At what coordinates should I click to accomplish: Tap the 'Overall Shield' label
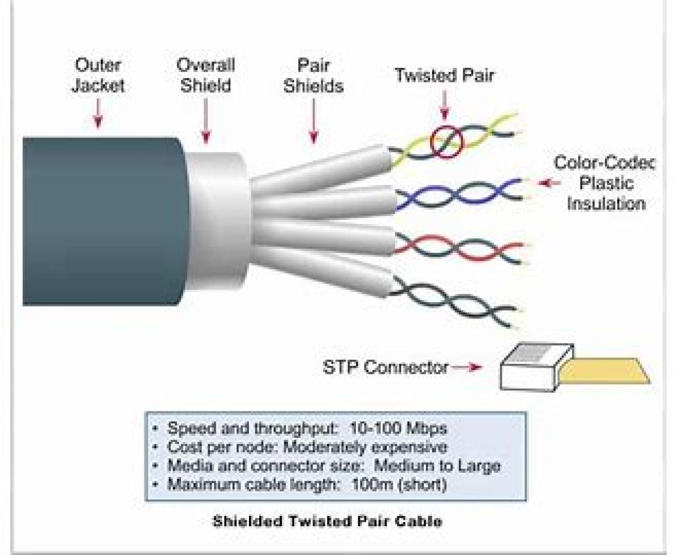pyautogui.click(x=205, y=75)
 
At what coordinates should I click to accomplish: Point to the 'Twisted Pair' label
pyautogui.click(x=444, y=75)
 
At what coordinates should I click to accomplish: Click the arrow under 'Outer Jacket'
pyautogui.click(x=98, y=117)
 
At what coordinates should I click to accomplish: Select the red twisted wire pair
pyautogui.click(x=458, y=247)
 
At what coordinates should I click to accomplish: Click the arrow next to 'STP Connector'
pyautogui.click(x=467, y=367)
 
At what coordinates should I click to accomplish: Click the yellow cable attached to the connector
pyautogui.click(x=605, y=371)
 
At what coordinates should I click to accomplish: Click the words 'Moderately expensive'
pyautogui.click(x=365, y=447)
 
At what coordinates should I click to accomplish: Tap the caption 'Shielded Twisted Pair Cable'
pyautogui.click(x=327, y=521)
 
